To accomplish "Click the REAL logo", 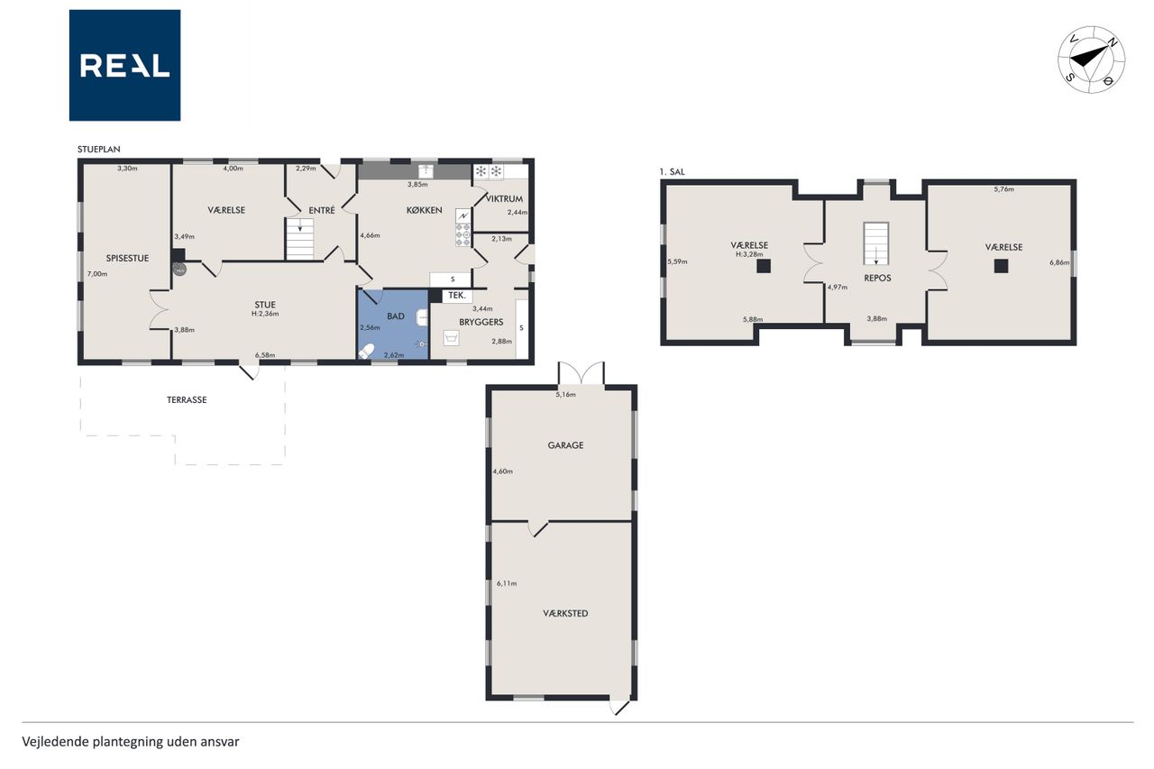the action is coord(124,66).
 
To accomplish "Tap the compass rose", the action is coord(1091,60).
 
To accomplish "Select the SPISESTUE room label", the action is coord(127,258).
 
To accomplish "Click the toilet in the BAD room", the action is coord(366,352).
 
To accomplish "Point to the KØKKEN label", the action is coord(424,210).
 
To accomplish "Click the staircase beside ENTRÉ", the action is coord(300,239).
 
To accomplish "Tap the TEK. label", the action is coord(457,295).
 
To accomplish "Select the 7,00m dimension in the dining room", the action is coord(97,274).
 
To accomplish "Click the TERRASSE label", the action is coord(187,399).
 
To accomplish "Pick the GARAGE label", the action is coord(565,445).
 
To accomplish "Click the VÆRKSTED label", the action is coord(565,613).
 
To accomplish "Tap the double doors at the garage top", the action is coord(582,373).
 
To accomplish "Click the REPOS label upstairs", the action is coord(877,278).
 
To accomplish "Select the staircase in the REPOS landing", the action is coord(876,243).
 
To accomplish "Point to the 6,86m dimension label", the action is coord(1059,262).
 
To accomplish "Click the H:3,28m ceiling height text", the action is coord(749,254).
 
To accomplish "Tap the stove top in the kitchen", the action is coord(463,234).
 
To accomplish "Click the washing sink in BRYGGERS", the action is coord(452,338).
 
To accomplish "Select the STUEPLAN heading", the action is coord(99,150).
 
